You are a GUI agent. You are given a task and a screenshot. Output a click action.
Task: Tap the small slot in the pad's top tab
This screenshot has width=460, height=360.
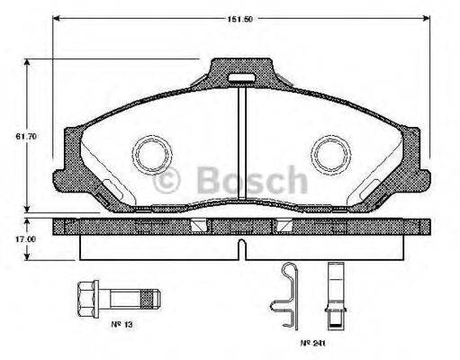coord(239,78)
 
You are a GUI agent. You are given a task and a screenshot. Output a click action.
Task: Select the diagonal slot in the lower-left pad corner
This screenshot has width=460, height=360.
coord(105,191)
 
